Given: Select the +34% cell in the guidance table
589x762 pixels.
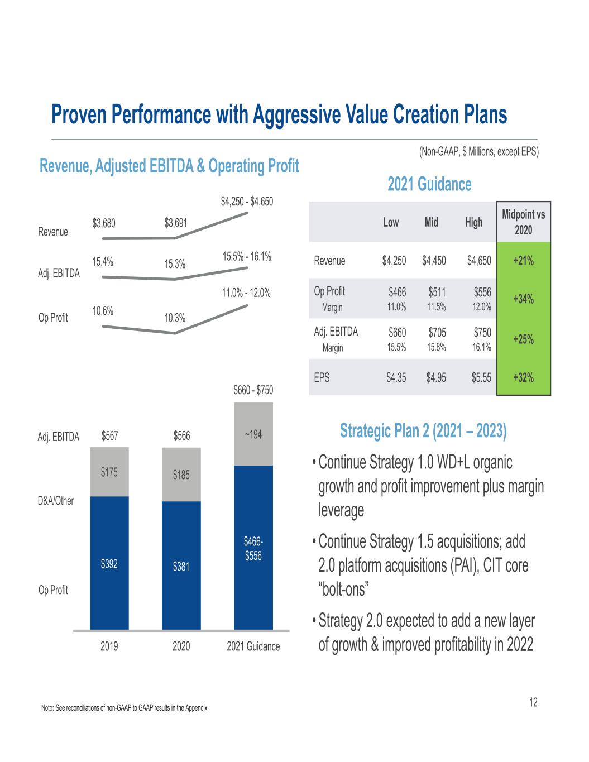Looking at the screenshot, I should pyautogui.click(x=523, y=299).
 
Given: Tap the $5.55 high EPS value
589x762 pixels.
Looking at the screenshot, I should pyautogui.click(x=479, y=377).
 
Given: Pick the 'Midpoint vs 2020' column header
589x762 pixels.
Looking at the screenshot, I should pyautogui.click(x=523, y=222).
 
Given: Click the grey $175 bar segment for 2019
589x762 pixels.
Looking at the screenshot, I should pyautogui.click(x=109, y=472).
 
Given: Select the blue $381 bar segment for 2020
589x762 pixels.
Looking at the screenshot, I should pyautogui.click(x=181, y=566).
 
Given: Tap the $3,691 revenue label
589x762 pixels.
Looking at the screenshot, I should pyautogui.click(x=176, y=224).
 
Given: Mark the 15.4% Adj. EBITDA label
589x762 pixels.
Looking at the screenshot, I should pyautogui.click(x=103, y=261).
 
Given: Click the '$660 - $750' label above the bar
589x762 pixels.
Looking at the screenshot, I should pyautogui.click(x=253, y=390).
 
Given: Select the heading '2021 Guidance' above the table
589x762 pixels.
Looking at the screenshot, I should pyautogui.click(x=429, y=184).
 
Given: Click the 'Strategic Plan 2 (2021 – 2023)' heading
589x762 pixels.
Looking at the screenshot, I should pyautogui.click(x=423, y=432).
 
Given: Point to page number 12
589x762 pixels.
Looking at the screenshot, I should pyautogui.click(x=534, y=702).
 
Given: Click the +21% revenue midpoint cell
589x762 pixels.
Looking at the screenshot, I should pyautogui.click(x=523, y=260).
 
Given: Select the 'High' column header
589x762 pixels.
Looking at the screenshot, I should pyautogui.click(x=473, y=222).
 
